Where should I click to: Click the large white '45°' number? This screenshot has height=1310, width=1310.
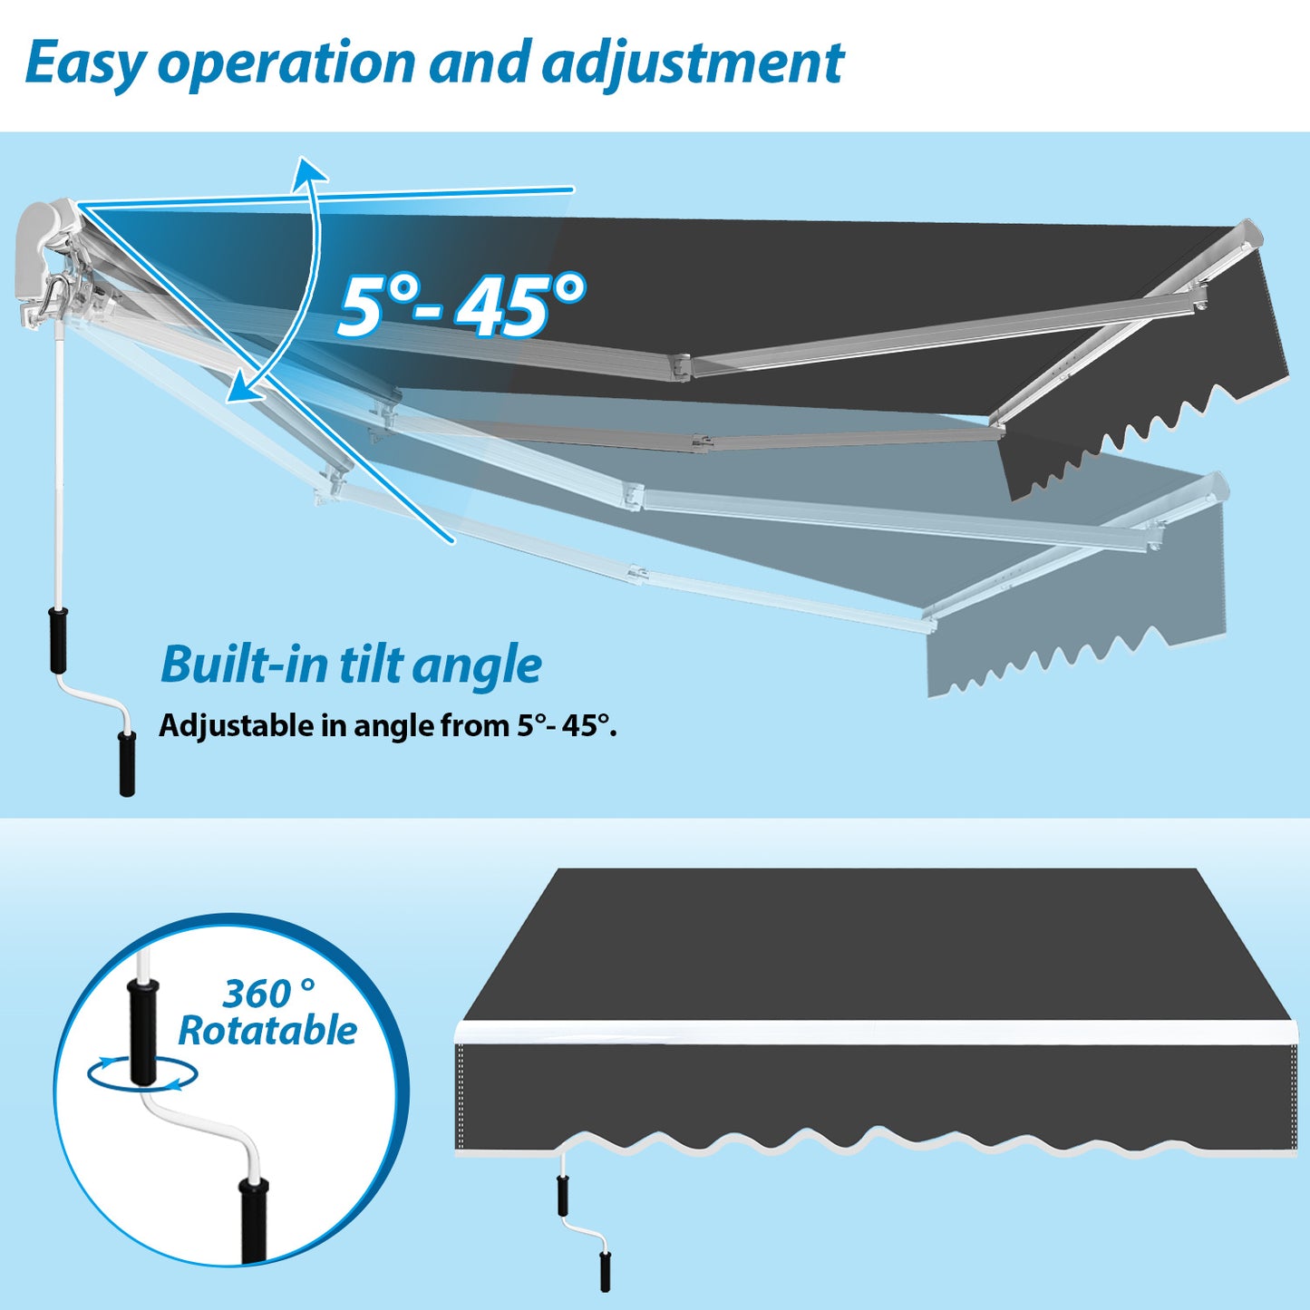point(520,305)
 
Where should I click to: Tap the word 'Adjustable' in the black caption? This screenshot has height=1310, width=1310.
point(236,727)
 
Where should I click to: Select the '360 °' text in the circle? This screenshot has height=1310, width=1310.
point(268,994)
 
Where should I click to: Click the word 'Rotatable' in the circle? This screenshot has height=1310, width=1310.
point(267,1031)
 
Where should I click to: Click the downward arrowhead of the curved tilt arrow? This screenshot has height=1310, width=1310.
point(243,391)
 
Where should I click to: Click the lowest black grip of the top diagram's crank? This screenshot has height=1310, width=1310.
point(127,762)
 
